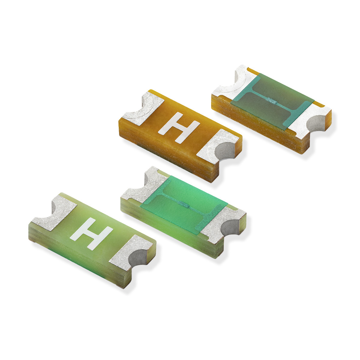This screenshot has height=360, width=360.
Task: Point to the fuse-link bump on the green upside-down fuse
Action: click(184, 205)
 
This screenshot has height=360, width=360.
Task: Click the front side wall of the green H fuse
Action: click(75, 255)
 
